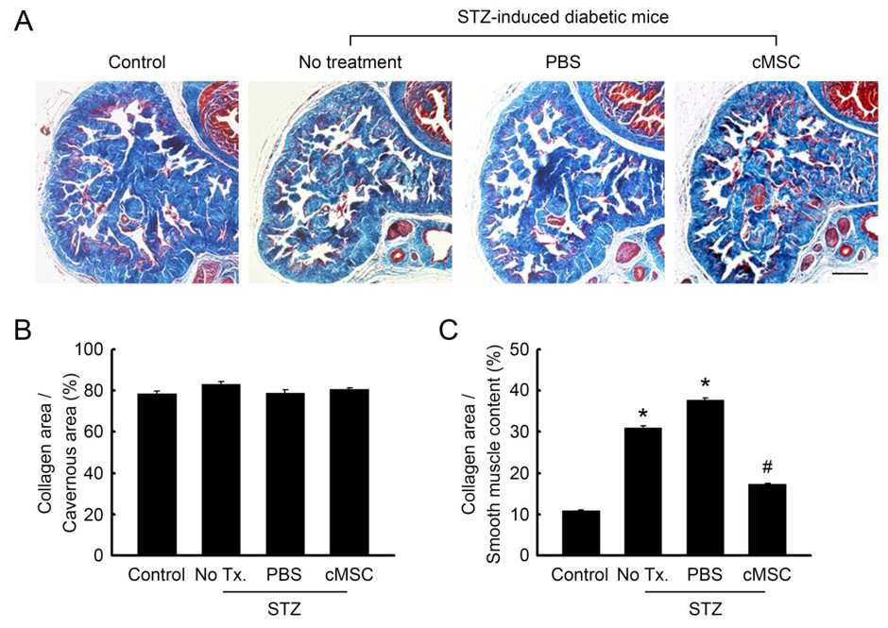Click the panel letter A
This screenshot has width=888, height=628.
tap(24, 22)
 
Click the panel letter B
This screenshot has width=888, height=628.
tap(22, 330)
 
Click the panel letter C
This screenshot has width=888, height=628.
tap(448, 330)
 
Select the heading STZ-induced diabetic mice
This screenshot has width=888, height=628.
tap(563, 17)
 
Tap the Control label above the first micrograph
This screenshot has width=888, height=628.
tap(137, 61)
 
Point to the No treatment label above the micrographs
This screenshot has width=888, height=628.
tap(350, 61)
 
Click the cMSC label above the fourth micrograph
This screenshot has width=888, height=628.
tap(776, 61)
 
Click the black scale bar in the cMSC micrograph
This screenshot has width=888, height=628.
tap(850, 274)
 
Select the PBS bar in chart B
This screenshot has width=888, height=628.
tap(285, 473)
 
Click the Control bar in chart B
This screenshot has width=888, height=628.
tap(157, 474)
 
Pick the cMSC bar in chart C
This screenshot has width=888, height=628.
tap(767, 519)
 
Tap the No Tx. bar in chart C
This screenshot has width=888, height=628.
tap(642, 491)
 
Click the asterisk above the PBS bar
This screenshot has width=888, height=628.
tap(705, 384)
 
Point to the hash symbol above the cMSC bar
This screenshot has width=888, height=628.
tap(767, 467)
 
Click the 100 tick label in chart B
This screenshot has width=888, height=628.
tap(90, 349)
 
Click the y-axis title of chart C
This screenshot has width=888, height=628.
tap(481, 453)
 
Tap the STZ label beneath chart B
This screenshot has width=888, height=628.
tap(284, 609)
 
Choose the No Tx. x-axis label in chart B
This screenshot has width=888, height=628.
tap(221, 575)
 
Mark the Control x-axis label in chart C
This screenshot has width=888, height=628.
tap(580, 575)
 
